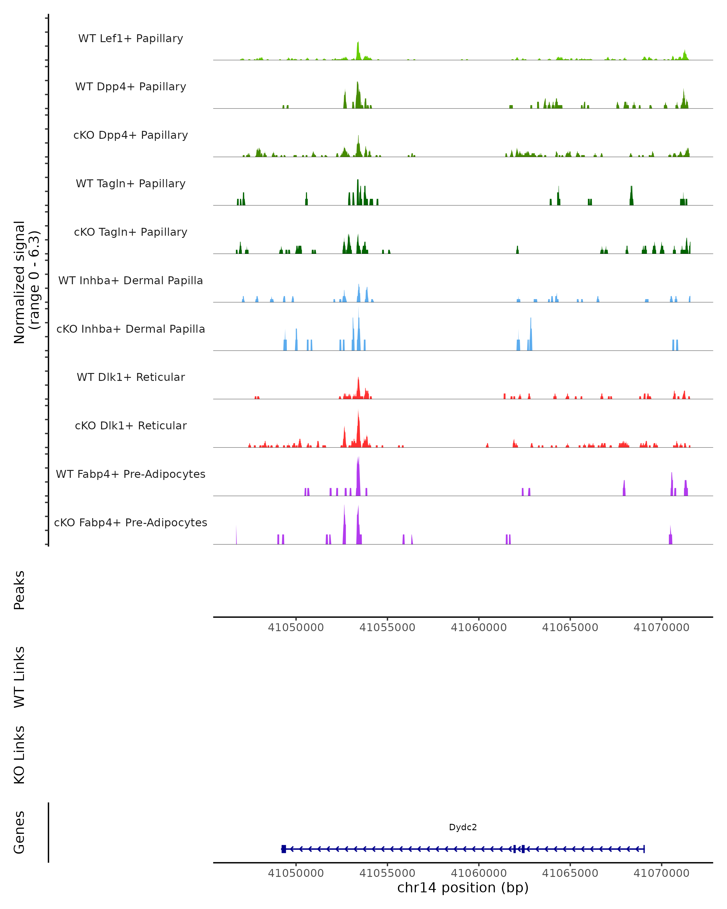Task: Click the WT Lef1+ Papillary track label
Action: coord(131,38)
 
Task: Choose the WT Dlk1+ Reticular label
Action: coord(131,377)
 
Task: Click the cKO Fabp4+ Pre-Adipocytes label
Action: coord(131,522)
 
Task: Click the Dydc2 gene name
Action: coord(463,827)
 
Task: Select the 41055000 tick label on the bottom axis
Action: coord(387,873)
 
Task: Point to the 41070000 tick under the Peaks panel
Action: coord(661,628)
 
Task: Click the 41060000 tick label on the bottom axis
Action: coord(479,873)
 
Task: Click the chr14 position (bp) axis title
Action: coord(463,888)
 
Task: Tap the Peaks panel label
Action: coord(19,590)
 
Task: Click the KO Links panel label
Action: coord(19,755)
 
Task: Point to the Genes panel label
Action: coord(19,832)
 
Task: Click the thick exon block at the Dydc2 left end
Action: coord(284,849)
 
